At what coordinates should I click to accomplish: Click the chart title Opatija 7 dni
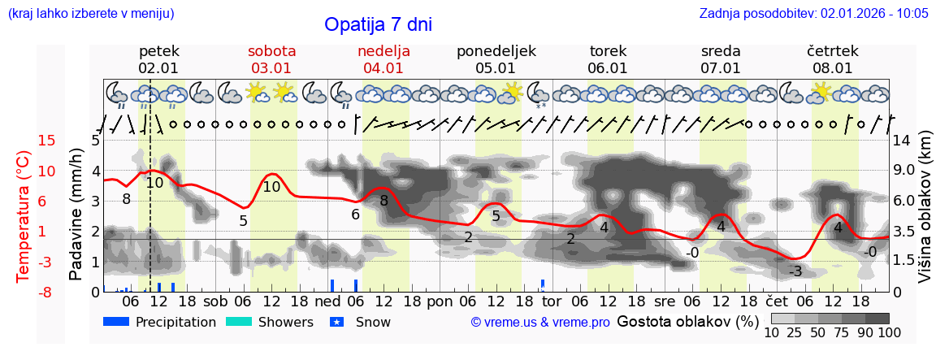coord(378,24)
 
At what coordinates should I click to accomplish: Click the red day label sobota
coord(271,51)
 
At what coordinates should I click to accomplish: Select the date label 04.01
coord(383,68)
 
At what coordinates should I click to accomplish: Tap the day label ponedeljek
coord(496,51)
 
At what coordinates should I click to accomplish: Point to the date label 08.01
coord(833,68)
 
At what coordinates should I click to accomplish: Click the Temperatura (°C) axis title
coord(24,217)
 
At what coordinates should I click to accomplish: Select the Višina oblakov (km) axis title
coord(925,215)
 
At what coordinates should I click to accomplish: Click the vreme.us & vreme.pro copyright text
coord(540,322)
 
